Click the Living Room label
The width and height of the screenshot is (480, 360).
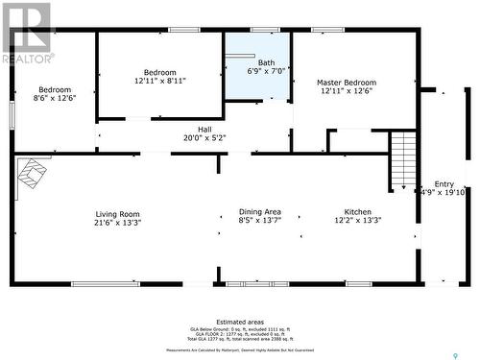pos(117,214)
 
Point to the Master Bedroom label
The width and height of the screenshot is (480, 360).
pos(346,83)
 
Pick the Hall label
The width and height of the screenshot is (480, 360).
pos(204,129)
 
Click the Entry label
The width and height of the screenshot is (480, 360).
pos(444,184)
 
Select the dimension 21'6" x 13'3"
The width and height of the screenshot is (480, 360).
pos(117,223)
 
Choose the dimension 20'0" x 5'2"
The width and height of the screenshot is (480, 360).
pos(204,137)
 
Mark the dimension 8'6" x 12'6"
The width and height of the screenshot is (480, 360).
pos(54,98)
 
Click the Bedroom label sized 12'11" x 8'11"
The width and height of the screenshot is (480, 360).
pos(160,73)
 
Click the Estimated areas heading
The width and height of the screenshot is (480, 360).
pos(239,322)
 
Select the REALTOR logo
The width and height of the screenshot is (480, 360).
pos(28,34)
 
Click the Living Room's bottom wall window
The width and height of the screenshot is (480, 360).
pos(106,283)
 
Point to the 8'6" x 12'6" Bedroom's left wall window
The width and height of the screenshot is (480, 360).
pos(12,114)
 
